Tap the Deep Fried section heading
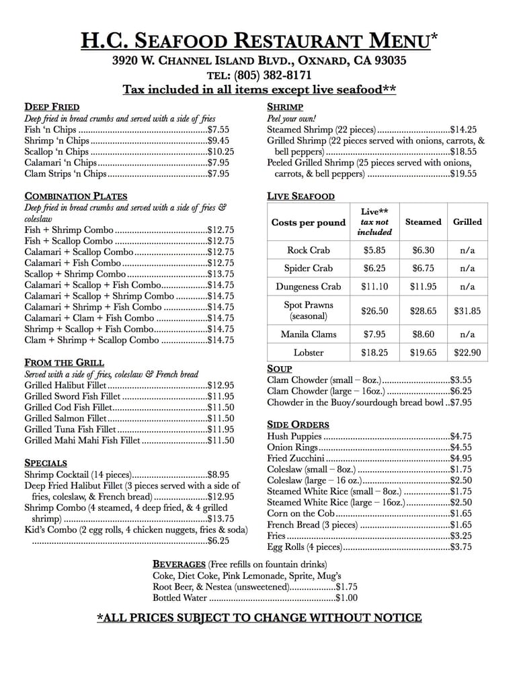pyautogui.click(x=52, y=107)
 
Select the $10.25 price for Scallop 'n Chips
pyautogui.click(x=221, y=152)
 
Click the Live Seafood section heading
pyautogui.click(x=301, y=197)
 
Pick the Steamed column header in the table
pyautogui.click(x=423, y=222)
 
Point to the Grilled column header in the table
pyautogui.click(x=467, y=222)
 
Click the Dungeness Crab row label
pyautogui.click(x=309, y=287)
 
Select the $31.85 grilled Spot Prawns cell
pyautogui.click(x=467, y=311)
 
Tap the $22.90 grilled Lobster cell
pyautogui.click(x=467, y=353)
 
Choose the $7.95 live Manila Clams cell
pyautogui.click(x=374, y=334)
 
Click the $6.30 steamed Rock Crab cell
pyautogui.click(x=423, y=250)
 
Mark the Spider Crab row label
pyautogui.click(x=309, y=269)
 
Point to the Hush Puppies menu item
pyautogui.click(x=294, y=436)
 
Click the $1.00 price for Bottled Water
pyautogui.click(x=347, y=598)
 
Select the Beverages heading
pyautogui.click(x=179, y=564)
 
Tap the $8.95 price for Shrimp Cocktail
pyautogui.click(x=218, y=474)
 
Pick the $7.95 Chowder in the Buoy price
pyautogui.click(x=461, y=402)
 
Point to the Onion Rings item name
pyautogui.click(x=292, y=448)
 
